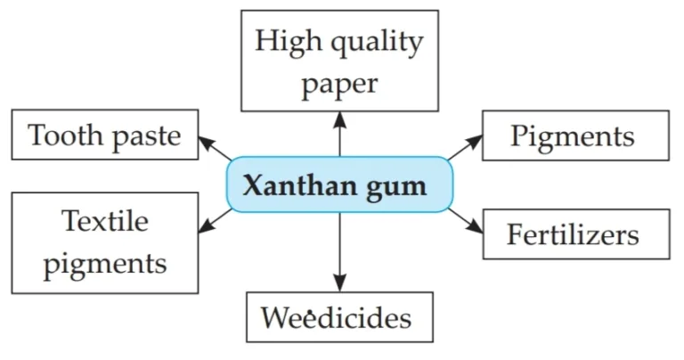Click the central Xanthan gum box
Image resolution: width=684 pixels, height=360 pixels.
(x=339, y=186)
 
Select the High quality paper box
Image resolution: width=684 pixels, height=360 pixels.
(x=339, y=61)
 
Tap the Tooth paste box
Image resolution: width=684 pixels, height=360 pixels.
(x=105, y=135)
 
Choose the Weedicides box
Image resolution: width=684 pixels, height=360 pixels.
(x=339, y=317)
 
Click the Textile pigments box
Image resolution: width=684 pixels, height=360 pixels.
(x=105, y=242)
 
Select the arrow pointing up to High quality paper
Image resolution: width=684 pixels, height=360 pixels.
(x=339, y=134)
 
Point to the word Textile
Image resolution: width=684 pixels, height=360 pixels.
(x=105, y=222)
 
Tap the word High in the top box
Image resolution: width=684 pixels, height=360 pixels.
(x=286, y=41)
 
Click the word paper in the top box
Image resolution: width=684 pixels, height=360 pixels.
(x=339, y=85)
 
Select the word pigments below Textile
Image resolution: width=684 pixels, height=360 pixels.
(x=105, y=264)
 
